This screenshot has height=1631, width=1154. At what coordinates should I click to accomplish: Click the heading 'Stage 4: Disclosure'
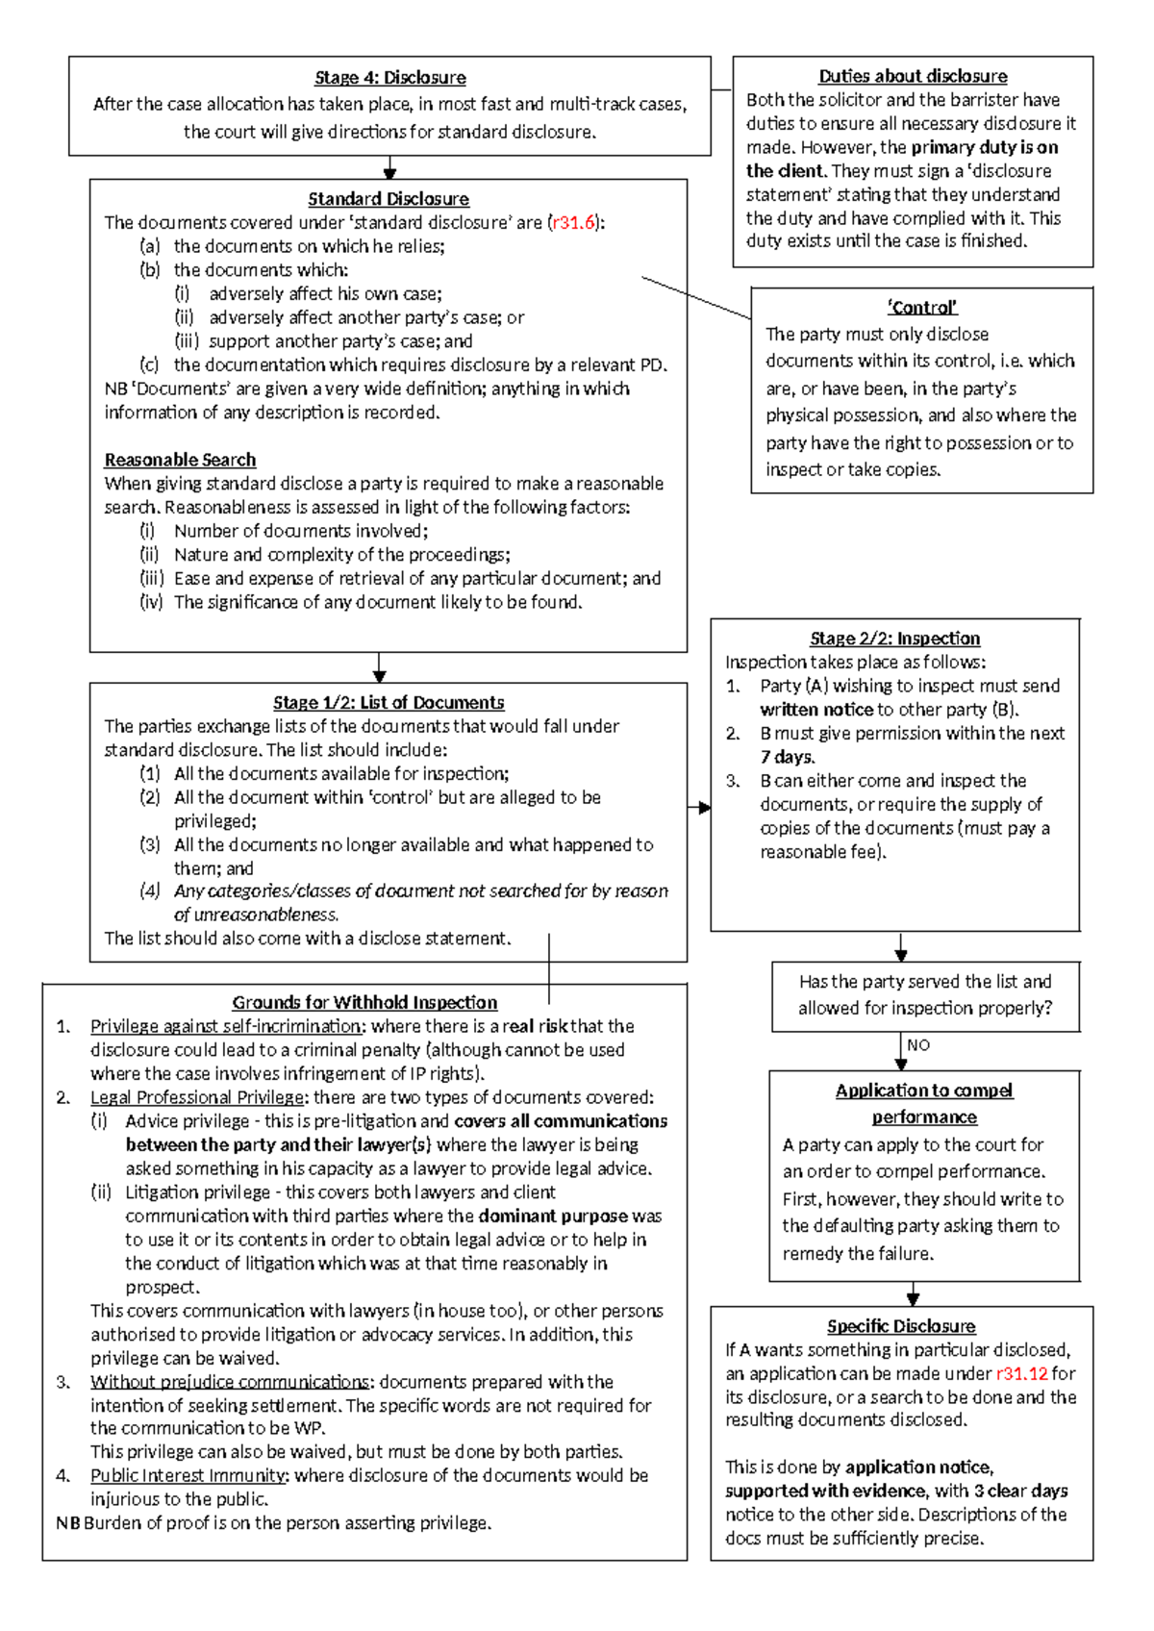[389, 78]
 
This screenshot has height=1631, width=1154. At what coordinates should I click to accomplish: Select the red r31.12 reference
[1021, 1373]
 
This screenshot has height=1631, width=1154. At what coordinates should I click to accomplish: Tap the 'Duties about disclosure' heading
[913, 76]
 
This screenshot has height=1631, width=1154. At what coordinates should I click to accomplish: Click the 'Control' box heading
[921, 308]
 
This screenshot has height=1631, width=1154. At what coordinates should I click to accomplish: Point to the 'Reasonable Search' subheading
[180, 460]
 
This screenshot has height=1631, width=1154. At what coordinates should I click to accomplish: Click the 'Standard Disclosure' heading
[389, 199]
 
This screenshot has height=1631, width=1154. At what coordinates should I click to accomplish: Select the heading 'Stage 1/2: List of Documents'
[389, 703]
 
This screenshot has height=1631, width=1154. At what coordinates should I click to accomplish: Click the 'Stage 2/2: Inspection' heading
[894, 639]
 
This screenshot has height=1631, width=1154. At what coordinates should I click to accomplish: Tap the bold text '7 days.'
[787, 757]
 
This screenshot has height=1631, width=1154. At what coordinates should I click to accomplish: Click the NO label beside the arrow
[918, 1045]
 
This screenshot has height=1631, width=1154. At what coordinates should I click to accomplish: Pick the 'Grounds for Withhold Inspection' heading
[364, 1002]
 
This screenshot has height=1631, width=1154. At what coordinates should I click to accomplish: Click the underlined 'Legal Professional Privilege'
[197, 1097]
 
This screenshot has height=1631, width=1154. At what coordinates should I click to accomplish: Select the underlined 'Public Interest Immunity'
[188, 1475]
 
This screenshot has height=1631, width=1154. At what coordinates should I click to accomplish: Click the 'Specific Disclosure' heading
[901, 1326]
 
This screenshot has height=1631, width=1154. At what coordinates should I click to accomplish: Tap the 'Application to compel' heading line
[923, 1091]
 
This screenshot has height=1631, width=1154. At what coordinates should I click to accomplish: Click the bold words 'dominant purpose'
[553, 1217]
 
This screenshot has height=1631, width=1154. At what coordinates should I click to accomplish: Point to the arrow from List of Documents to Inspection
[699, 808]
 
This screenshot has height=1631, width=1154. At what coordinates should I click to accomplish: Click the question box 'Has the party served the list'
[925, 994]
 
